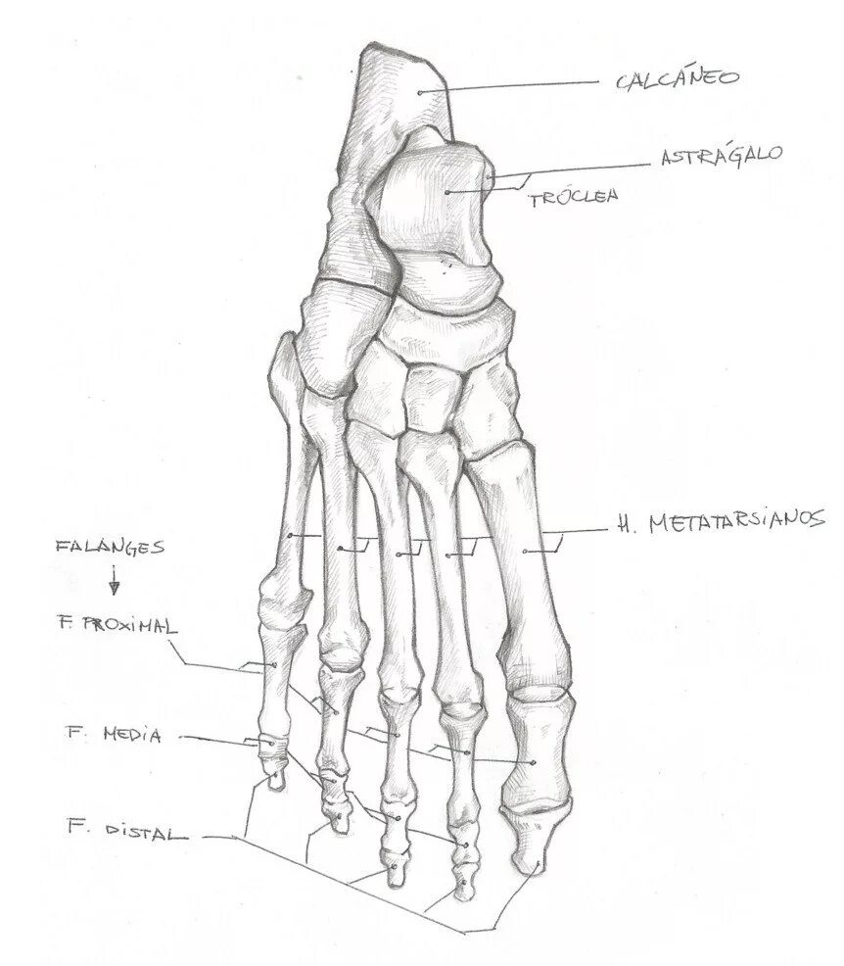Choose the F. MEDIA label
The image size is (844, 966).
[x=114, y=734]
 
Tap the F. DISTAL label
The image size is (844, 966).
[x=125, y=832]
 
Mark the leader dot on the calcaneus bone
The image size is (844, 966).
[x=419, y=92]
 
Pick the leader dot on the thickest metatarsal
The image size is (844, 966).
[x=526, y=553]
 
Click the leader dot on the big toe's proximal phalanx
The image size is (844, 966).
[x=533, y=761]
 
